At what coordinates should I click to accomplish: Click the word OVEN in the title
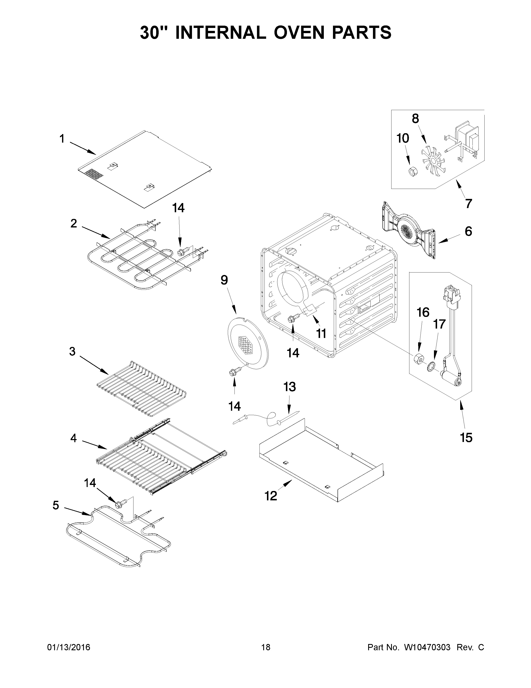coord(294,33)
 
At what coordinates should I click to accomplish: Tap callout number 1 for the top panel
coord(62,139)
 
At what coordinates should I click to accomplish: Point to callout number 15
coord(466,438)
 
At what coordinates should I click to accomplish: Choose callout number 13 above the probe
coord(289,387)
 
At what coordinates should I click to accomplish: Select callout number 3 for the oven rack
coord(72,351)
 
